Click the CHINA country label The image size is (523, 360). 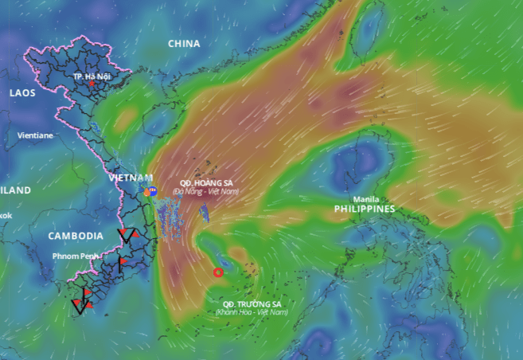(184, 44)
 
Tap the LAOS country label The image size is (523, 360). (22, 93)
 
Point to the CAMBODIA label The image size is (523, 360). (76, 236)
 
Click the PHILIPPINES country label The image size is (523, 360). (365, 209)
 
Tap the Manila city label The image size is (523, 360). (366, 198)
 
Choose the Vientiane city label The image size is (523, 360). (35, 135)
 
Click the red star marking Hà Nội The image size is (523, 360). (92, 83)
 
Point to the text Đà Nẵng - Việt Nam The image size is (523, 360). (205, 191)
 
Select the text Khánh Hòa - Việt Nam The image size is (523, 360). (252, 312)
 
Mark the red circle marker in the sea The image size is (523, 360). (218, 272)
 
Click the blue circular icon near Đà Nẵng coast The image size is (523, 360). (152, 191)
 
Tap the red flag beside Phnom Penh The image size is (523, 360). (123, 261)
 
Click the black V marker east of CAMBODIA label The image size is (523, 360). (125, 235)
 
